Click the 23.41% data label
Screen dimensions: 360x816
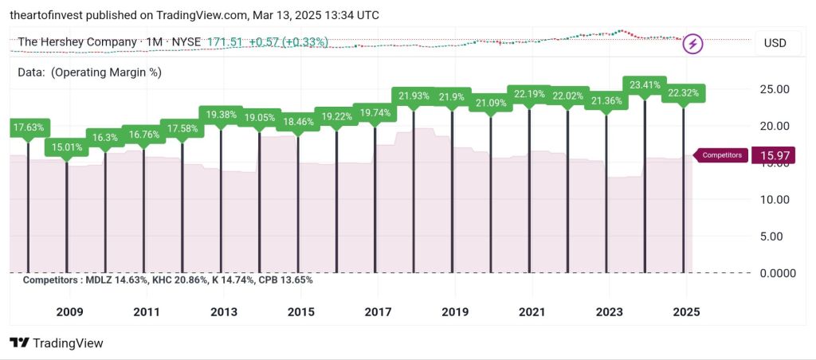point(645,84)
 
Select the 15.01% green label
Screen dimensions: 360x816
point(67,147)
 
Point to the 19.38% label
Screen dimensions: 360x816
point(221,114)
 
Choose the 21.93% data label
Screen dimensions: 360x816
point(414,96)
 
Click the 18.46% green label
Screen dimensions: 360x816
point(298,122)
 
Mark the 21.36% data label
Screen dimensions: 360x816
point(606,100)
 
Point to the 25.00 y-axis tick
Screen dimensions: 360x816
point(774,89)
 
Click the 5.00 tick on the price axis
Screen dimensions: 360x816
point(777,236)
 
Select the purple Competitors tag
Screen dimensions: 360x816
point(722,155)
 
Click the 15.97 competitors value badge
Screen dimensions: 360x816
point(774,155)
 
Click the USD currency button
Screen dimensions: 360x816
point(775,43)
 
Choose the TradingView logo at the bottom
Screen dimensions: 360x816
point(57,343)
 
